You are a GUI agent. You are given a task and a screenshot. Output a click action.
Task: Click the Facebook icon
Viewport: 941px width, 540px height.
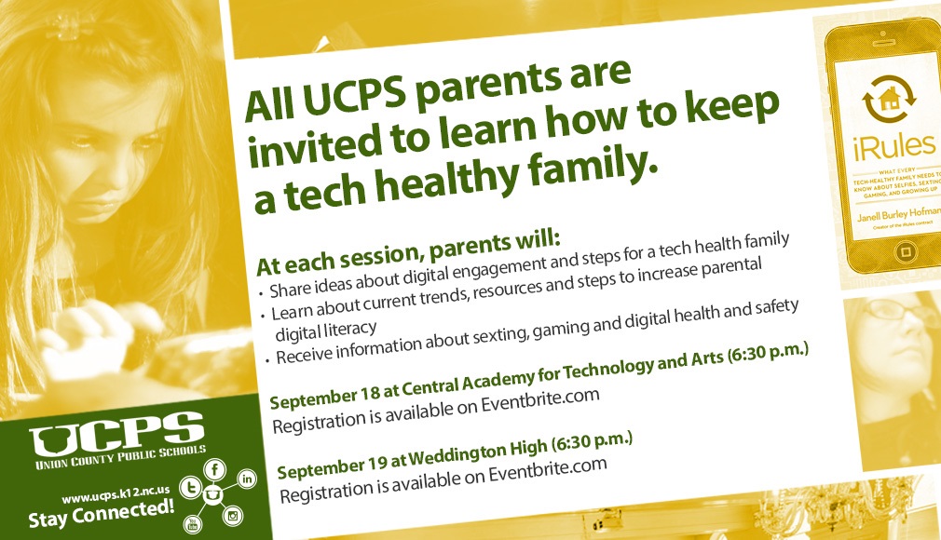215,469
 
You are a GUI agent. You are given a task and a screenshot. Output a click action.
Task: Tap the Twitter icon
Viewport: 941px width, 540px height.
191,487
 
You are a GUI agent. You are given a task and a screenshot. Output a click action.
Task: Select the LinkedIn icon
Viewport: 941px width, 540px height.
247,479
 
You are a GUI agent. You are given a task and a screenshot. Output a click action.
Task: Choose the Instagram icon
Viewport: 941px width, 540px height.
233,515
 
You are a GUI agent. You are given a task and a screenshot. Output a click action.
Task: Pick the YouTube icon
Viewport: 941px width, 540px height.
193,524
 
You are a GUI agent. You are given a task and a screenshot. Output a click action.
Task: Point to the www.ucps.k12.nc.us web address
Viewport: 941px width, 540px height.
116,495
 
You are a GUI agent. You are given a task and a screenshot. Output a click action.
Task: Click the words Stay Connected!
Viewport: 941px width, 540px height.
101,514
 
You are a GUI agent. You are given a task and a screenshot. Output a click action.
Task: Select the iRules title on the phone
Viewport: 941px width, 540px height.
894,147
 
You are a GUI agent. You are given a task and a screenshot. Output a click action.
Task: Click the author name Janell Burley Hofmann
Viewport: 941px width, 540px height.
898,213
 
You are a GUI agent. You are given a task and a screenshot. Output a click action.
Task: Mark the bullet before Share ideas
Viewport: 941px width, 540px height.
261,294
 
